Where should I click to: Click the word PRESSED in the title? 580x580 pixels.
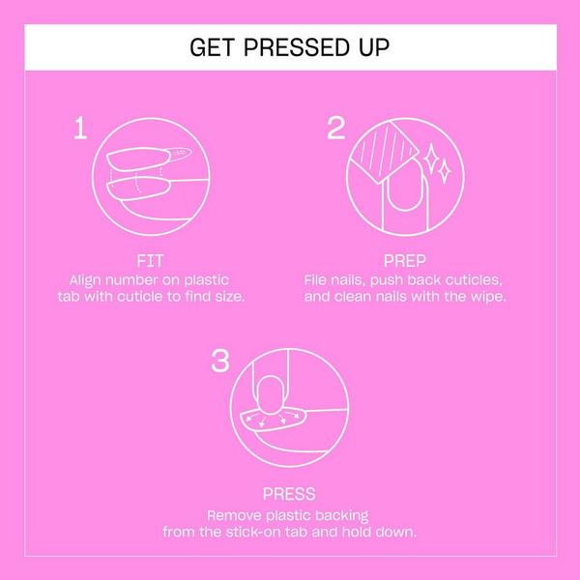(x=291, y=47)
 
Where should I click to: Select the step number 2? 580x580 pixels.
(x=335, y=130)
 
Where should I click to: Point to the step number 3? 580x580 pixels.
(x=220, y=362)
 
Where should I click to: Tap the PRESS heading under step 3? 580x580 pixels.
(x=289, y=494)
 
